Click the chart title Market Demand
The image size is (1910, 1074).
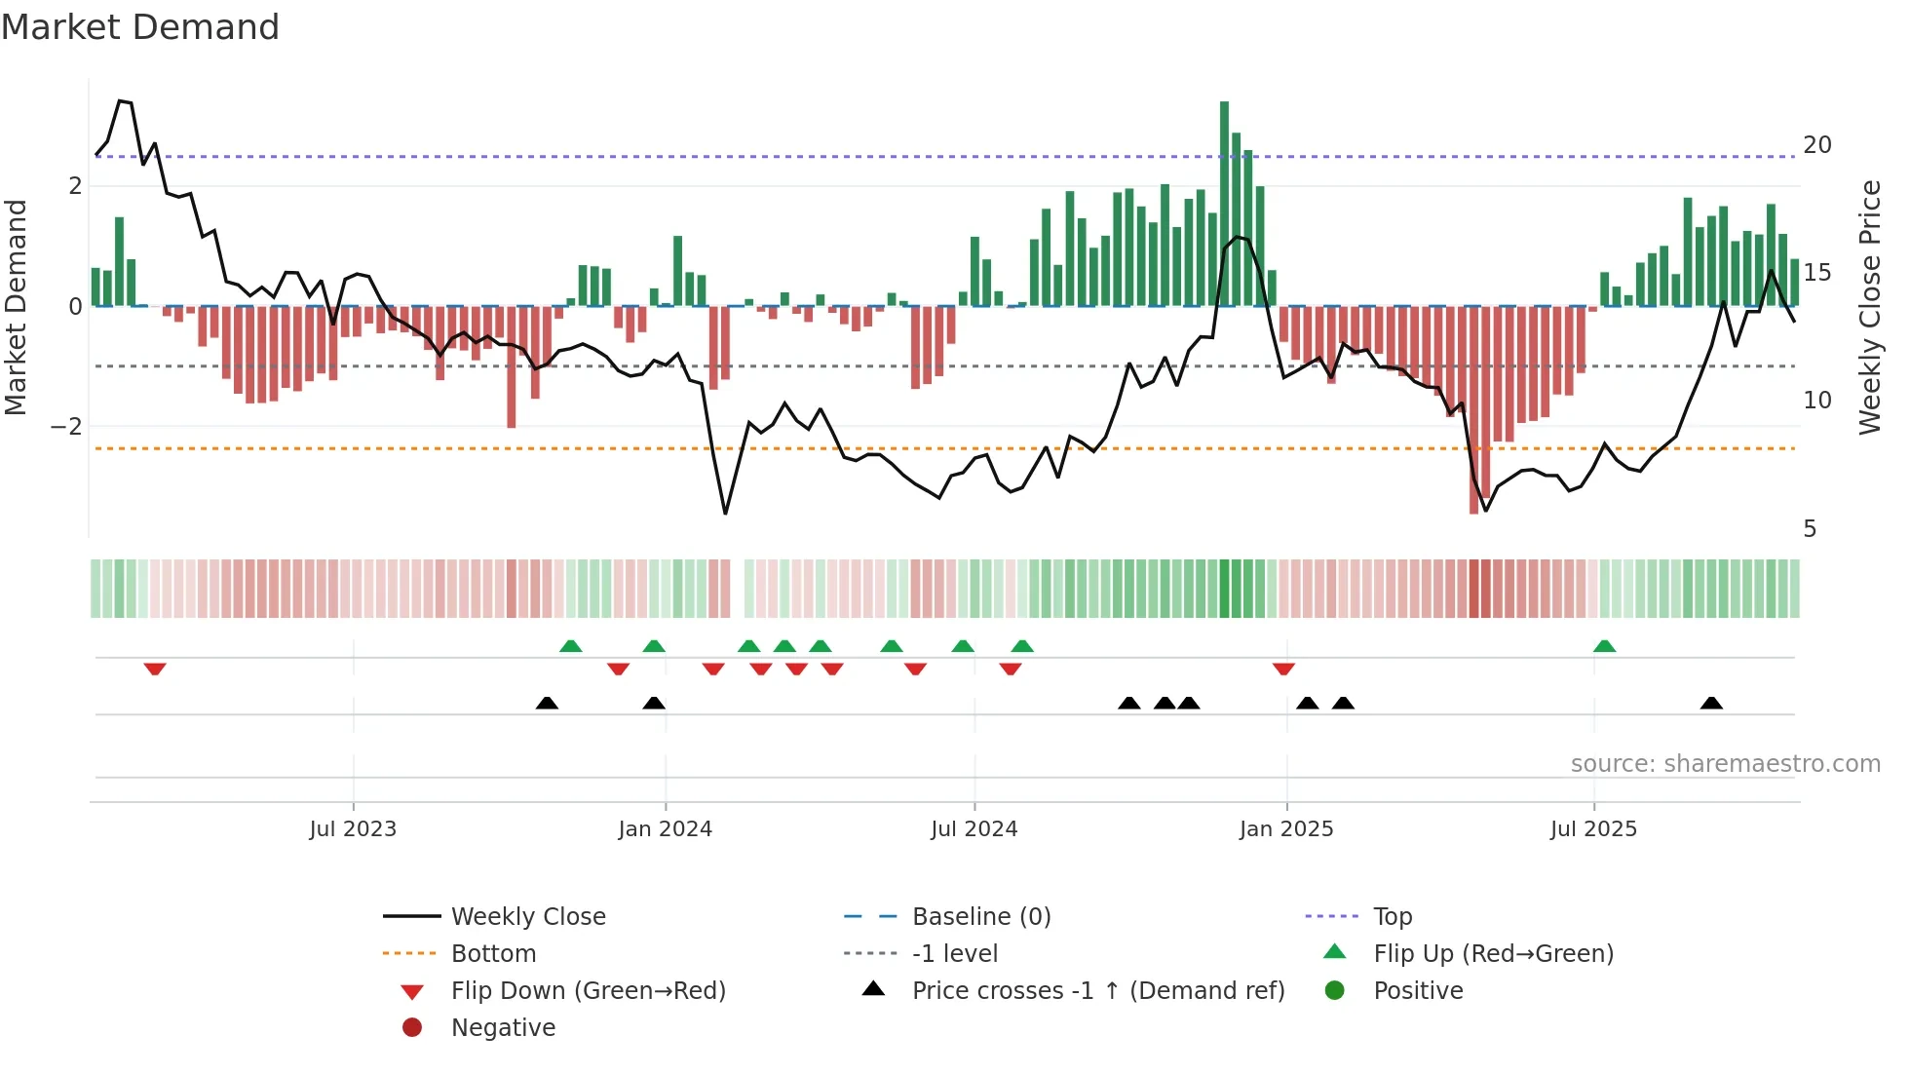click(x=140, y=27)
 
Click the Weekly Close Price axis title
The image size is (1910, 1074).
click(x=1869, y=307)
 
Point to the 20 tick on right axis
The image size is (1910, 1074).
click(x=1816, y=145)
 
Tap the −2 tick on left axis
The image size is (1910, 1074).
click(x=66, y=427)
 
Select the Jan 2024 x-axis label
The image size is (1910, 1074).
click(x=665, y=829)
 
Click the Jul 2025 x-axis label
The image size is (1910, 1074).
click(x=1593, y=829)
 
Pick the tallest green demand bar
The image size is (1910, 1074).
click(x=1224, y=203)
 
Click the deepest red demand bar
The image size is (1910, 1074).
click(x=1473, y=409)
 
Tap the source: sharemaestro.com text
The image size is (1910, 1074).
click(x=1725, y=764)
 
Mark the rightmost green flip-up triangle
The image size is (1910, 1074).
click(x=1604, y=646)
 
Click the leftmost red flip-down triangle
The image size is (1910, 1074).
click(x=155, y=669)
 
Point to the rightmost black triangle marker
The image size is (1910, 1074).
click(x=1711, y=703)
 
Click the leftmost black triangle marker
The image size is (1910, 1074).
click(x=547, y=703)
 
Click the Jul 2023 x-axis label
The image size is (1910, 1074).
click(x=353, y=829)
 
